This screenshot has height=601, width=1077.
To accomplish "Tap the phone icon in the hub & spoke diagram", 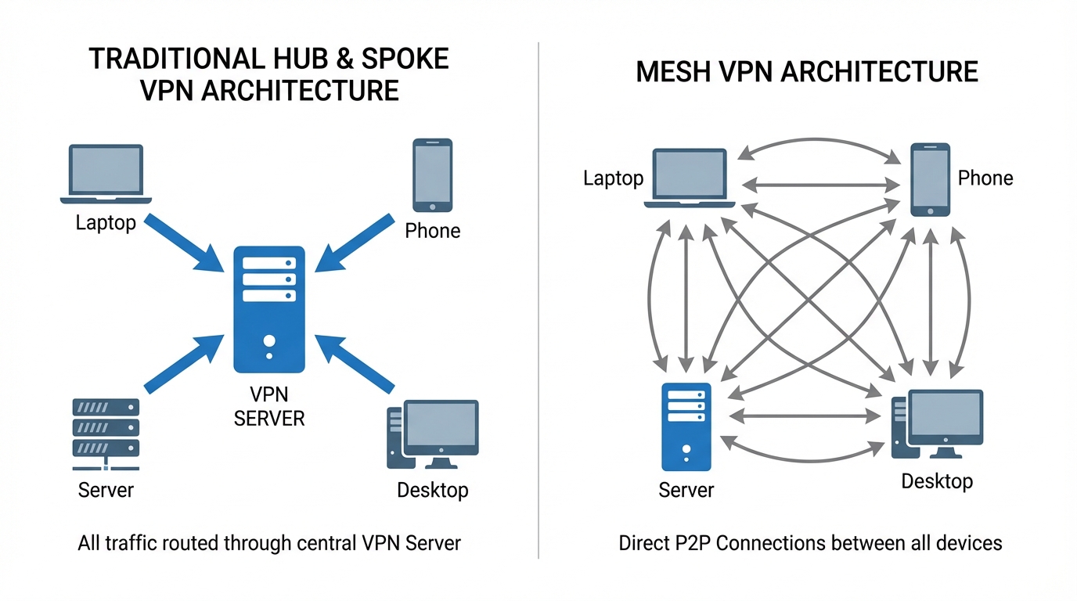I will point(432,175).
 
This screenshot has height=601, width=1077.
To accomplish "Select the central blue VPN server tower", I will point(269,310).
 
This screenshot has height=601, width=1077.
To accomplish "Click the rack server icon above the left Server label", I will point(106,432).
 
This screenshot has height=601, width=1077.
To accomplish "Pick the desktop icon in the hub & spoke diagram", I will point(433,434).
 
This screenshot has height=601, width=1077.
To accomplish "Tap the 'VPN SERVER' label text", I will point(269,407).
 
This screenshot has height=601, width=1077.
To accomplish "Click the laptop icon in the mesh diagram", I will point(690,178).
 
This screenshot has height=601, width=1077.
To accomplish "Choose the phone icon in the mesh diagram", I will point(930,179).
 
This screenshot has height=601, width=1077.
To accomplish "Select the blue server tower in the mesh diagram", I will point(686,426).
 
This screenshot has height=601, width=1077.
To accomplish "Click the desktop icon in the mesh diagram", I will point(938,425).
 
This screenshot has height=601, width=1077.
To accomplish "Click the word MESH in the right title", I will point(673,72).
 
